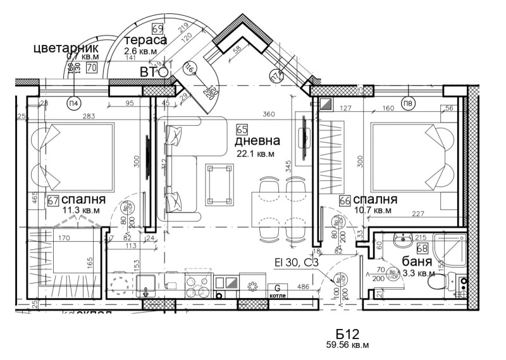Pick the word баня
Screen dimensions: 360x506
pyautogui.click(x=417, y=261)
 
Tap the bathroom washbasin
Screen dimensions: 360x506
pyautogui.click(x=404, y=241)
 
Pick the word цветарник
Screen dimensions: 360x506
pyautogui.click(x=66, y=48)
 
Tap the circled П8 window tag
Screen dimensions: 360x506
pyautogui.click(x=409, y=102)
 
